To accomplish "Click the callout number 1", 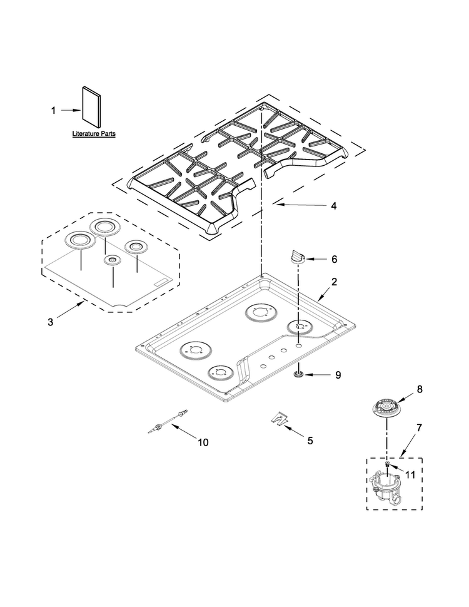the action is (53, 111).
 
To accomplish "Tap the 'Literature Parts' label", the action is (94, 133).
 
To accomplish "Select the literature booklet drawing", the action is (91, 106).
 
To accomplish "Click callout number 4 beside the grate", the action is (333, 205).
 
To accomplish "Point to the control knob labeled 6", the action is (297, 257).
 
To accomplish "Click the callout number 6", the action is (335, 259).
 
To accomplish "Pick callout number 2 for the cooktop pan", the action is (334, 282).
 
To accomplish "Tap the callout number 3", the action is (50, 322).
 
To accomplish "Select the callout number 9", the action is (338, 375).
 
